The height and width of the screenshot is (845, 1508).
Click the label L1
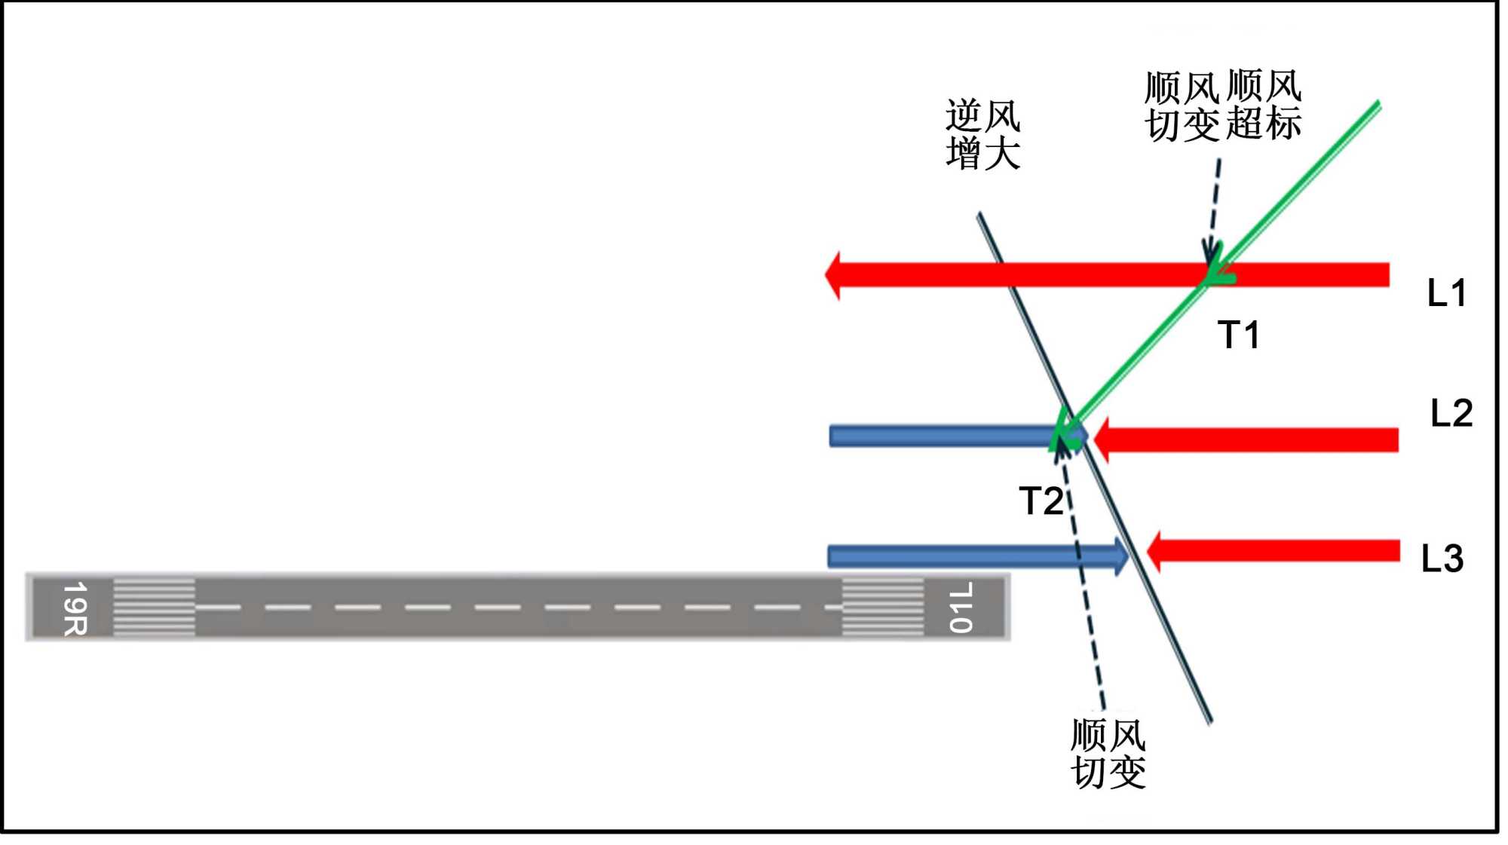tap(1446, 292)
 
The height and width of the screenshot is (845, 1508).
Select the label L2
tap(1451, 413)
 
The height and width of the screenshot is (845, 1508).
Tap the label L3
tap(1442, 559)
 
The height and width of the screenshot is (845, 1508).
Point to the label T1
tap(1238, 335)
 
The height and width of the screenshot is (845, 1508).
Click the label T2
tap(1041, 501)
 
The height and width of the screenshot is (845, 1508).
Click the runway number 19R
tap(75, 608)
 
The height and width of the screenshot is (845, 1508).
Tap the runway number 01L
tap(960, 608)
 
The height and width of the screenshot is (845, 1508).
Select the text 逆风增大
tap(982, 134)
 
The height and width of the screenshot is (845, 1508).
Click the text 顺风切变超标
tap(1222, 106)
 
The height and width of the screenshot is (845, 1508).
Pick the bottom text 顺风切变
tap(1108, 753)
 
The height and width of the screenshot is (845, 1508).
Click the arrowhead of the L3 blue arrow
tap(1120, 556)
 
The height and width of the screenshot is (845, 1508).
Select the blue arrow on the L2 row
tap(942, 436)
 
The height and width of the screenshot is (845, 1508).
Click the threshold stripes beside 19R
tap(154, 608)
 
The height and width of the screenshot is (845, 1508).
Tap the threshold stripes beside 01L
tap(882, 608)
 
